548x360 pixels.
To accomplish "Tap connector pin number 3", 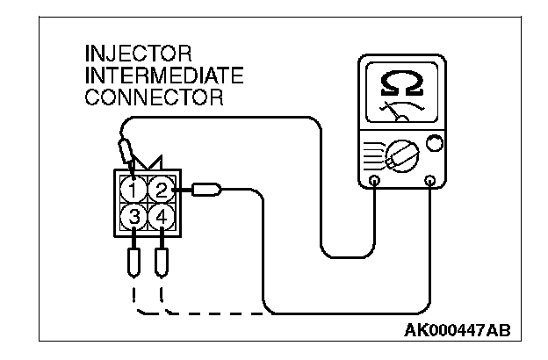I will click(x=133, y=215).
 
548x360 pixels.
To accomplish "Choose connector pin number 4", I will click(x=160, y=215).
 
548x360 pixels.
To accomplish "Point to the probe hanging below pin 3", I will click(x=133, y=261).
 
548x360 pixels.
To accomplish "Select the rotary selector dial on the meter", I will click(x=401, y=158).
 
